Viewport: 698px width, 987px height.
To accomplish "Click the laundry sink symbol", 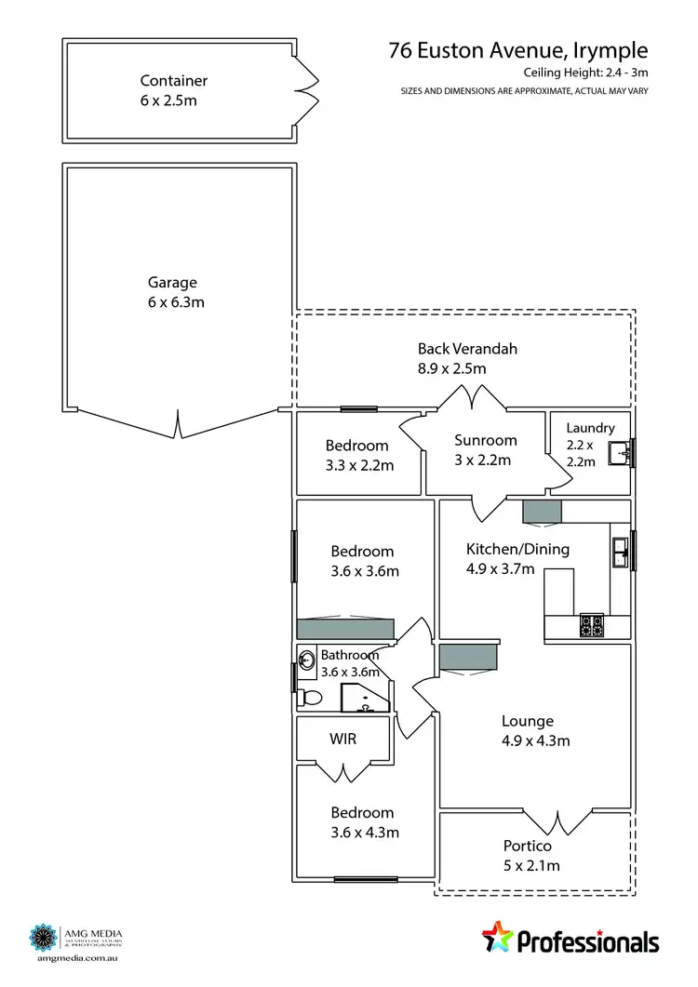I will [x=621, y=454].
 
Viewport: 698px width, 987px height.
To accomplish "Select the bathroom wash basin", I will [x=306, y=660].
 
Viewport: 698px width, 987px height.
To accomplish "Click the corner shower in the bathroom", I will [x=362, y=697].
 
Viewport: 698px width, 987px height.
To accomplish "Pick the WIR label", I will [x=343, y=740].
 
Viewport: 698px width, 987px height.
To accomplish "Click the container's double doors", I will [x=305, y=89].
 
